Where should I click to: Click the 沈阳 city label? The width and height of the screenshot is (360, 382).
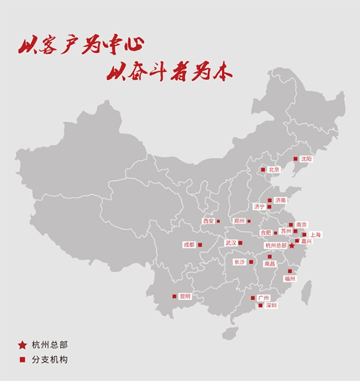(307, 159)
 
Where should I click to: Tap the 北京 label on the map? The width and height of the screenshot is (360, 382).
(274, 170)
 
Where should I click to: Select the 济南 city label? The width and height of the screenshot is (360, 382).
(280, 200)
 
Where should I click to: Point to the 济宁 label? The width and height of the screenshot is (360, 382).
(259, 207)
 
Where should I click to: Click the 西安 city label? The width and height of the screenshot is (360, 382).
(208, 221)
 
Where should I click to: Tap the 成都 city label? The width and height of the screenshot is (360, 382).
(189, 245)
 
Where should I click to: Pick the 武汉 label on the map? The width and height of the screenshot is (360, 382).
(230, 243)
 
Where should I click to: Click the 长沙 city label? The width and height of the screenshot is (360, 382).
(239, 262)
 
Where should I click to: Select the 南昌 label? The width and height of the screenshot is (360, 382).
(269, 263)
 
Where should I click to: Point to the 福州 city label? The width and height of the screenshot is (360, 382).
(290, 278)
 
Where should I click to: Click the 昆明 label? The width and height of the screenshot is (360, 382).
(184, 296)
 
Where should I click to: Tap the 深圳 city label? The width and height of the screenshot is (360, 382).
(271, 305)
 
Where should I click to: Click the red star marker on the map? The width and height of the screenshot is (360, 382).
(292, 246)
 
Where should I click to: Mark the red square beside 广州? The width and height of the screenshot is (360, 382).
(253, 298)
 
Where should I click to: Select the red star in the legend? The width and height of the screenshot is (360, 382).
(22, 345)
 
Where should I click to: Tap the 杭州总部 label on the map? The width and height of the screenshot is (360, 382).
(276, 246)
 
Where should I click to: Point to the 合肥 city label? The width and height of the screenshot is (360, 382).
(265, 232)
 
